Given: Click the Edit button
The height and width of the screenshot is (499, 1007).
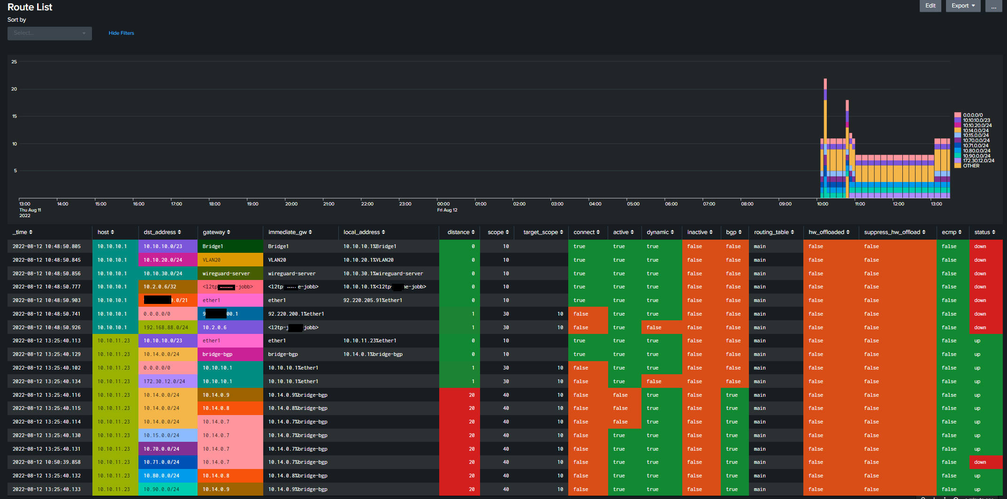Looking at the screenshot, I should tap(930, 6).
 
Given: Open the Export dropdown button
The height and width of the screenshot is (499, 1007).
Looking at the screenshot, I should tap(963, 6).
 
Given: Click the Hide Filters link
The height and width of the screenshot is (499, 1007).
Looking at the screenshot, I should tap(121, 33).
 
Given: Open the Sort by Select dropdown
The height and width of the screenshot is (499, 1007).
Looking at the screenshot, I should tap(49, 33).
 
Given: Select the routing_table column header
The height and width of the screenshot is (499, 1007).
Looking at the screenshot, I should tap(774, 232).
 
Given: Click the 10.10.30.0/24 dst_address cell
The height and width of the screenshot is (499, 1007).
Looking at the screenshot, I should tap(163, 273).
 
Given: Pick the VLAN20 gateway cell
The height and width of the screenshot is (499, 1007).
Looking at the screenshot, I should tap(212, 260).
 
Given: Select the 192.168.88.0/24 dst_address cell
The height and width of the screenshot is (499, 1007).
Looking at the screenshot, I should tap(166, 327).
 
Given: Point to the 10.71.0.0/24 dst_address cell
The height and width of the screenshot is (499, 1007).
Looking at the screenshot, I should tap(161, 462).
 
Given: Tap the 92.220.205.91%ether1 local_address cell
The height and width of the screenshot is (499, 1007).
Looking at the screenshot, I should tap(373, 300).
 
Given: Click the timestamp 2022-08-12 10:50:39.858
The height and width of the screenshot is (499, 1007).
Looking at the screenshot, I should tap(46, 462).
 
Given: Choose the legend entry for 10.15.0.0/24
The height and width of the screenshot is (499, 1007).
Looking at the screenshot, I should tap(976, 135).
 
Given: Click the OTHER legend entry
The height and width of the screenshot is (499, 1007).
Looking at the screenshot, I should tap(971, 166).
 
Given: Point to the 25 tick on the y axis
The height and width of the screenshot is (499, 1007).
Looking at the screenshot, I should tap(14, 61).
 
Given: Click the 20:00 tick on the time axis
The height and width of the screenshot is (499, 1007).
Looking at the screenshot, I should tap(291, 204).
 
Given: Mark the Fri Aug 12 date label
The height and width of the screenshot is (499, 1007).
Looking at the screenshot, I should tap(447, 210).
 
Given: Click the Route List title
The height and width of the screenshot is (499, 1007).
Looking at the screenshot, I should tap(30, 7).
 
